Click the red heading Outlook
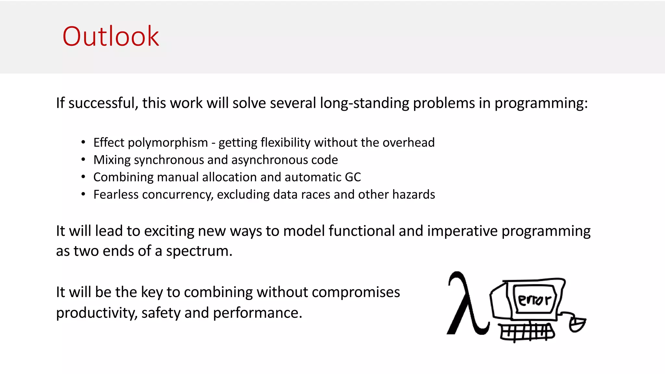(110, 36)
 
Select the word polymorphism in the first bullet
(168, 143)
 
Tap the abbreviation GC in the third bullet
(353, 177)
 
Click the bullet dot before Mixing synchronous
(83, 159)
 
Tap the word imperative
(462, 231)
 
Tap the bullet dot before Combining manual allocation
(83, 177)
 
